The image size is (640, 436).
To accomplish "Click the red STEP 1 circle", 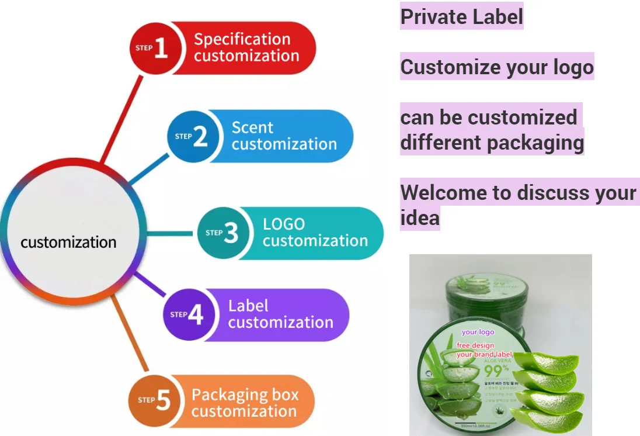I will [153, 49].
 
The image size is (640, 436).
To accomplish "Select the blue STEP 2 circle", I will [192, 137].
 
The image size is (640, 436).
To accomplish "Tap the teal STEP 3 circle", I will [222, 233].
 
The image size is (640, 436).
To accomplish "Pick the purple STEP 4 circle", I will [187, 314].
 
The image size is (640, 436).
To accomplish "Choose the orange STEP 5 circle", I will [155, 401].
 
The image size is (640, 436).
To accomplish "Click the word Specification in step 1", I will [242, 40].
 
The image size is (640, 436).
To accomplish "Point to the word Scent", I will [252, 127].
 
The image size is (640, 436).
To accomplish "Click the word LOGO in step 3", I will [284, 224].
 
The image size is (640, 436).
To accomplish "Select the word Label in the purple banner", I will [248, 306].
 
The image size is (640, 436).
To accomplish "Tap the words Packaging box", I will [245, 395].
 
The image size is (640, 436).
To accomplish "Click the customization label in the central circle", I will [68, 242].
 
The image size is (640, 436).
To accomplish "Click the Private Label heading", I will [461, 16].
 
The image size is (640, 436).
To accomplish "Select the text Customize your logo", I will [497, 67].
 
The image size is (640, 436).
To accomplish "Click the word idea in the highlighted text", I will [420, 218].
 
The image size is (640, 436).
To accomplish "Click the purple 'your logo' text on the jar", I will [478, 332].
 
